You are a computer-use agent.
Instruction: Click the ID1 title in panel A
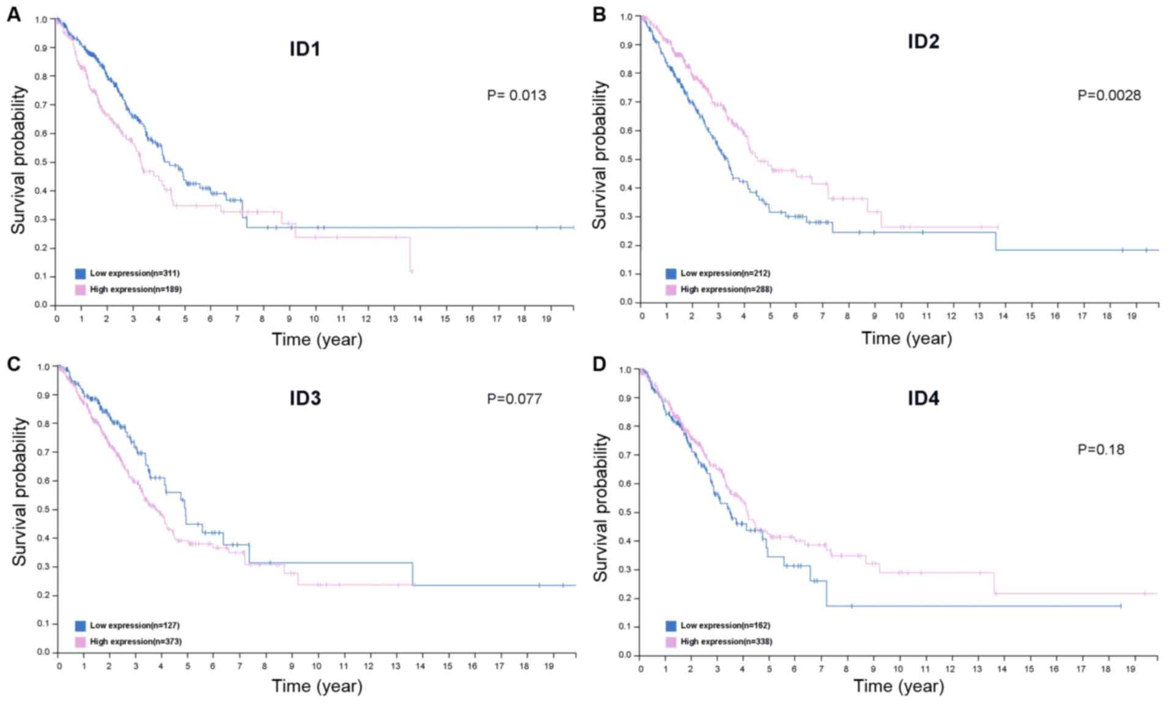click(304, 49)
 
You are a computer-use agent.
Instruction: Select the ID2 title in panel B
click(923, 42)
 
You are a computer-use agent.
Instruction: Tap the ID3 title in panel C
click(304, 399)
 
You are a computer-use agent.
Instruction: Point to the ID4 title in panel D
click(923, 399)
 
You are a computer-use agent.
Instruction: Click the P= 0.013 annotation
click(516, 95)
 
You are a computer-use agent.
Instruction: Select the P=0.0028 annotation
click(1109, 95)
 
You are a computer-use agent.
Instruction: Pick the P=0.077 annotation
click(514, 399)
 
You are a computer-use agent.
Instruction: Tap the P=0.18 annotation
click(1101, 450)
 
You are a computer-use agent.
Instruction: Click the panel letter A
click(13, 15)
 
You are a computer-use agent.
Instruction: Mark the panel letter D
click(599, 364)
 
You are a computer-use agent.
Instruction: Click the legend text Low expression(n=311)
click(134, 273)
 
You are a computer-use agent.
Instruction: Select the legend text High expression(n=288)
click(726, 289)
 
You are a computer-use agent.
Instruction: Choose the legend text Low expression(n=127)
click(134, 625)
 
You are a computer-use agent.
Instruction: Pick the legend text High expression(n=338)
click(726, 642)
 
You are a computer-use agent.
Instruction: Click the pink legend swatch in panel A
click(80, 289)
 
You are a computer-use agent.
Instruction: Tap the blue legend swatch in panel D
click(671, 626)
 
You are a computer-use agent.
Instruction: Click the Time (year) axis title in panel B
click(906, 338)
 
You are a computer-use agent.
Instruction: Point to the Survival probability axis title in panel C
click(20, 491)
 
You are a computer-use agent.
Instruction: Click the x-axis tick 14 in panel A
click(418, 319)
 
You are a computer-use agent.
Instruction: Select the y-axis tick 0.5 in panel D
click(624, 512)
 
